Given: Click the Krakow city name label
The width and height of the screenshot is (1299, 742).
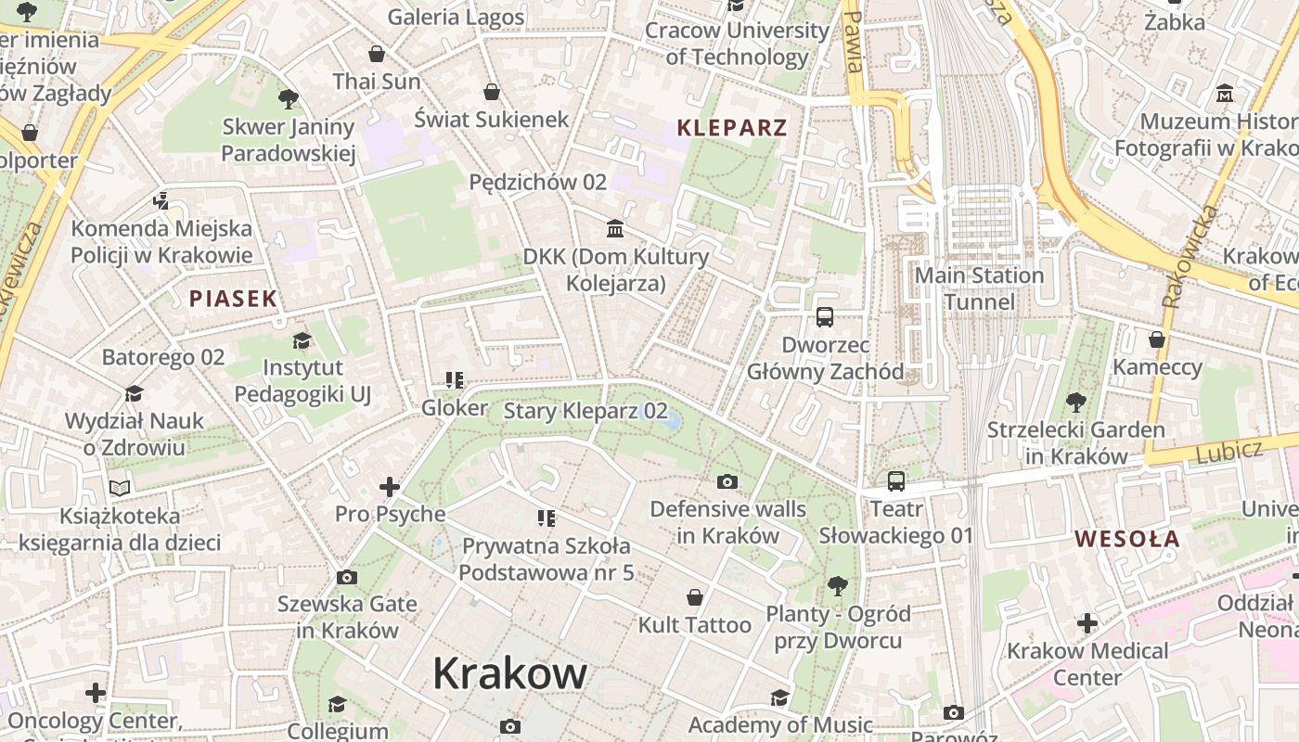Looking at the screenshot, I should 509,673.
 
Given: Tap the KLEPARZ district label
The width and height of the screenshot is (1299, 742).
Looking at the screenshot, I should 732,128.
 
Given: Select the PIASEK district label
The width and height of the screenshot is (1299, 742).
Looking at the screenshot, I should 233,299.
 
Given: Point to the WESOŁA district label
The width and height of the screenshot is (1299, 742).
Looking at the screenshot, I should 1127,539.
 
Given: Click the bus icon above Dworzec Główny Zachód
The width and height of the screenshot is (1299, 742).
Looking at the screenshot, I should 825,317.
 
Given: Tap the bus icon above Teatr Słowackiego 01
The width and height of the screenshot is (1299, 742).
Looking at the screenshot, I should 896,481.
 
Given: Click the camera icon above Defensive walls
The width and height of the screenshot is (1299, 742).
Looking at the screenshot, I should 728,481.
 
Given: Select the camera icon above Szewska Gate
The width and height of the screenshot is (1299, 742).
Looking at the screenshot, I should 347,577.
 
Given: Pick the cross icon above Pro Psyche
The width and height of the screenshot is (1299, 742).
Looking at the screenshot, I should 390,486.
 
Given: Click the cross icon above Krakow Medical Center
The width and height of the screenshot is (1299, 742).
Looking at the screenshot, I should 1087,623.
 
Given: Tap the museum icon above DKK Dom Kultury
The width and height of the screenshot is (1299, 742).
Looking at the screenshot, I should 615,228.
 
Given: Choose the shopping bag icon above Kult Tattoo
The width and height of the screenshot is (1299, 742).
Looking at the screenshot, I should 695,597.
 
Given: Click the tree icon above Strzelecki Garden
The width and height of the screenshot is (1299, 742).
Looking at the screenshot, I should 1076,402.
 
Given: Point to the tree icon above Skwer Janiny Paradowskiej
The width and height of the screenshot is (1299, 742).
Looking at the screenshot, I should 289,98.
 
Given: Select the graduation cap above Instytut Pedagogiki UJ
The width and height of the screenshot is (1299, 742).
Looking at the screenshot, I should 302,340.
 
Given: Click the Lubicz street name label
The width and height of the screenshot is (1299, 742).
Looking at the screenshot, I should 1228,452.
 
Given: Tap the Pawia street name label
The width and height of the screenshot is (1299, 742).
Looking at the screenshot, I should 854,42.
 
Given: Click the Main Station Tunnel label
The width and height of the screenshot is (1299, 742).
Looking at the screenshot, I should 979,288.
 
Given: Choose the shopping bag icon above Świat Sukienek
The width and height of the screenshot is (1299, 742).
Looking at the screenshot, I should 492,92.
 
